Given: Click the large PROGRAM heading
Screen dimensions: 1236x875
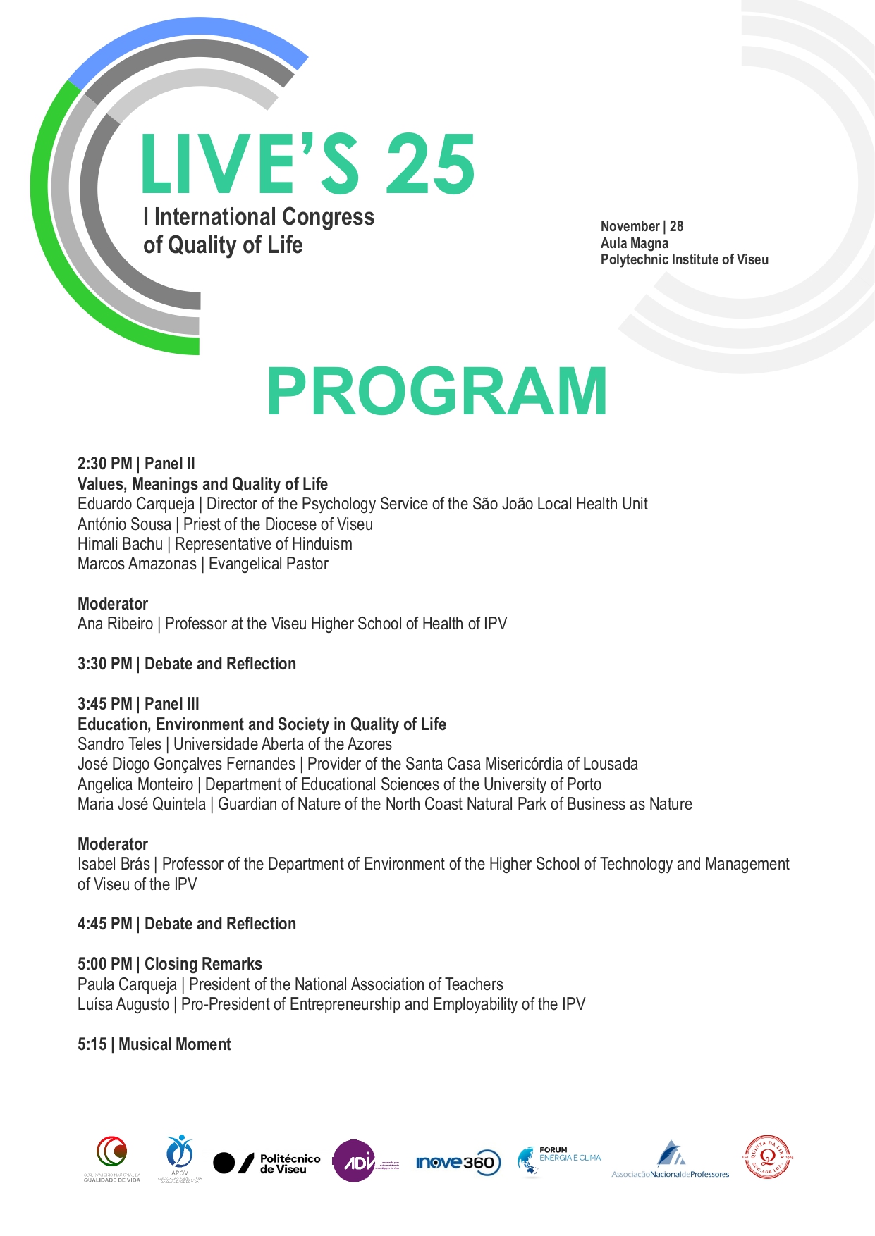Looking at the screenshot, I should pyautogui.click(x=436, y=392).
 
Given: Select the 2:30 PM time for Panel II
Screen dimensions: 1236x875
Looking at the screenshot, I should pyautogui.click(x=104, y=464).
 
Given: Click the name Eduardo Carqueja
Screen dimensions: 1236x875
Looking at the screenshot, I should pyautogui.click(x=136, y=504).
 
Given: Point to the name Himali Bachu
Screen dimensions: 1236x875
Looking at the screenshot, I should pyautogui.click(x=120, y=544).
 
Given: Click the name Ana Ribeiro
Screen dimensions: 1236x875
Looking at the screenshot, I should pyautogui.click(x=115, y=624).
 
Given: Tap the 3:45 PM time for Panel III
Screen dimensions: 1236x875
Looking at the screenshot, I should pyautogui.click(x=104, y=704).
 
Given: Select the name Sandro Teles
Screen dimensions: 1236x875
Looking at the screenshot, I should pyautogui.click(x=119, y=744).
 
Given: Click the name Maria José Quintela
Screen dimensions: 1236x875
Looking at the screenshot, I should pyautogui.click(x=142, y=804).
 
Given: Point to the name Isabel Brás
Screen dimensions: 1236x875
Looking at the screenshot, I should pyautogui.click(x=114, y=864).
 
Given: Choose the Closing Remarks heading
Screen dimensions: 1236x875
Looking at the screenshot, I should pyautogui.click(x=203, y=964).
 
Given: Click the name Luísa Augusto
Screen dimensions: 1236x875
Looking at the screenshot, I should pyautogui.click(x=123, y=1004).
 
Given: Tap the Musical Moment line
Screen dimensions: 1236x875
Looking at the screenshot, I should pyautogui.click(x=175, y=1044).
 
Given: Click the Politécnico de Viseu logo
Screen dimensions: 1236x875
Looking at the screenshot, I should pyautogui.click(x=267, y=1163).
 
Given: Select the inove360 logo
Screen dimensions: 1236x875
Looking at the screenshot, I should pyautogui.click(x=458, y=1163).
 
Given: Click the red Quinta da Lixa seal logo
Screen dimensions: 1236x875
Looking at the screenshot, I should pyautogui.click(x=768, y=1156).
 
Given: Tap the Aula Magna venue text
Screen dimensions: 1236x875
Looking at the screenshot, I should pyautogui.click(x=635, y=243).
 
